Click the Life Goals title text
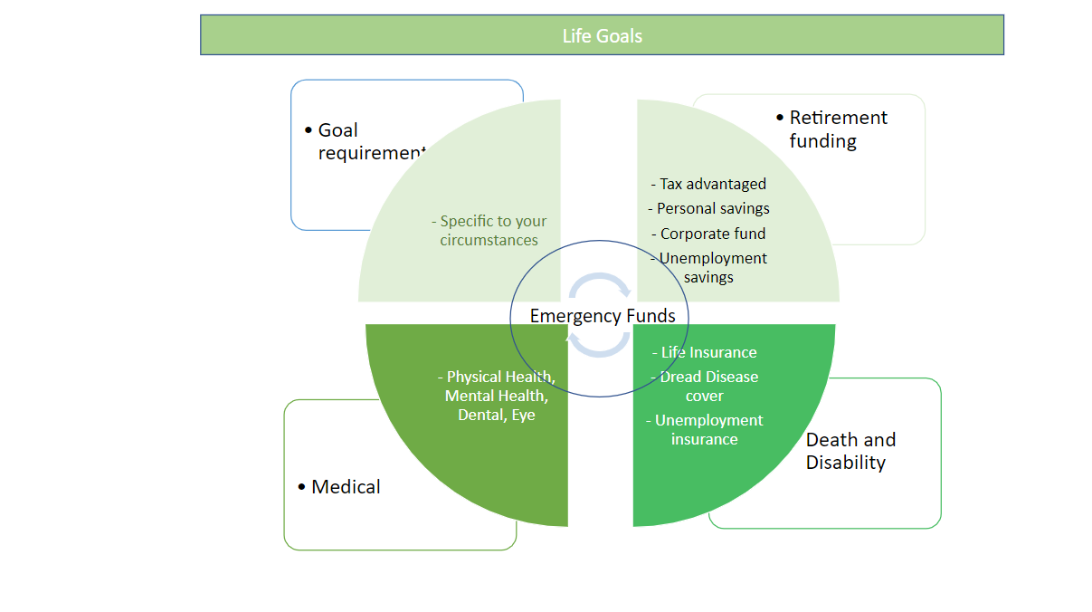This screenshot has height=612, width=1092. point(602,36)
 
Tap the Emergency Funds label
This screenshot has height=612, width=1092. point(603,316)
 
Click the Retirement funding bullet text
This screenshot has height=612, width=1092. point(838,129)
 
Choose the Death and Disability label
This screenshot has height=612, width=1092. point(850,451)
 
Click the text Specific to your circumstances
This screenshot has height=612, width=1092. point(489,231)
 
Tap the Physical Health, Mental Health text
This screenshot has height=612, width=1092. point(497,387)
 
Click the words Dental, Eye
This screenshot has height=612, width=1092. point(497,416)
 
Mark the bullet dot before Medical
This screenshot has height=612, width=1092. point(302,488)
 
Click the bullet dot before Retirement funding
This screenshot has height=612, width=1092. point(781,119)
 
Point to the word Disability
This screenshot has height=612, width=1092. point(846,463)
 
